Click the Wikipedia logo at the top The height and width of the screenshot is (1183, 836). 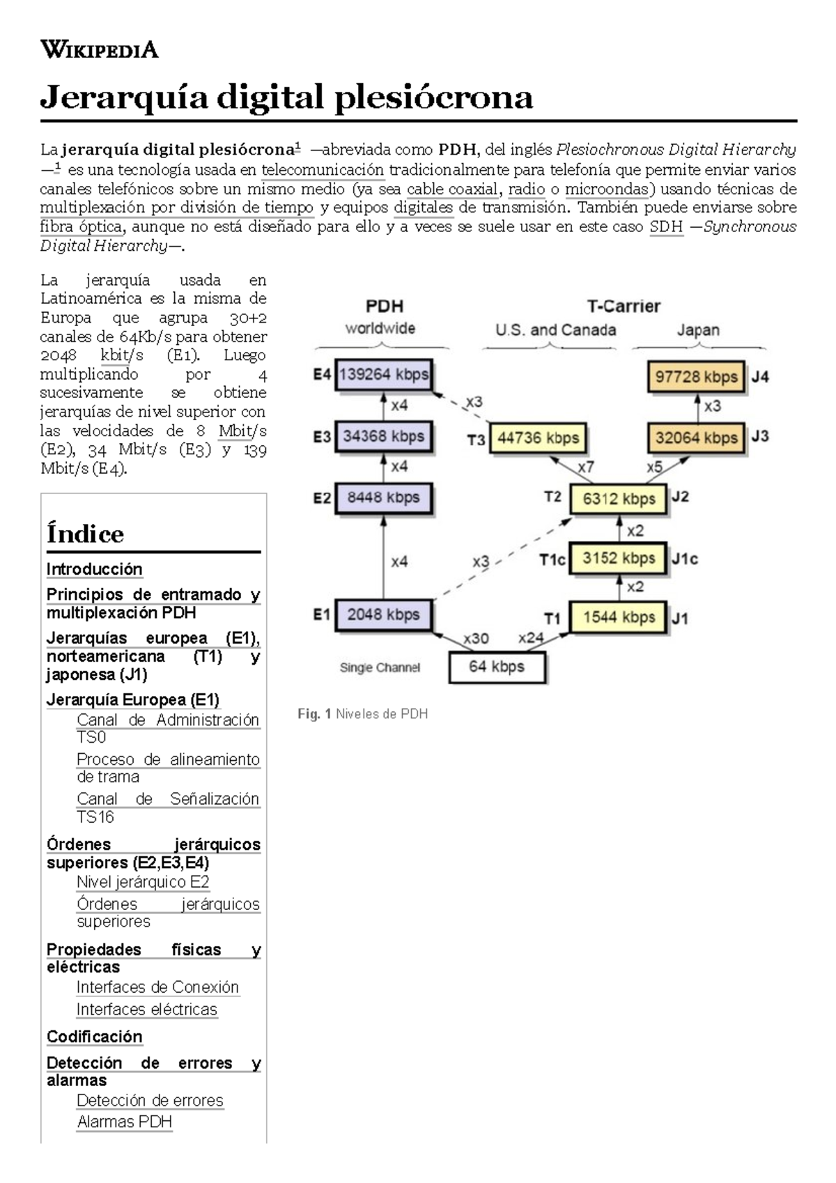pyautogui.click(x=100, y=49)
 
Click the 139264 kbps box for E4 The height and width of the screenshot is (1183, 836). pyautogui.click(x=383, y=375)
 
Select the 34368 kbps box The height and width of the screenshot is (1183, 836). pyautogui.click(x=383, y=436)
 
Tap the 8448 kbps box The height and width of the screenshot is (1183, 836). pyautogui.click(x=383, y=497)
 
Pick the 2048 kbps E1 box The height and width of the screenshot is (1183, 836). pyautogui.click(x=383, y=614)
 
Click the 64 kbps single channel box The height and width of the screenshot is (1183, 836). pyautogui.click(x=496, y=667)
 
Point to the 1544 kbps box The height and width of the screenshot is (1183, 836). pyautogui.click(x=619, y=617)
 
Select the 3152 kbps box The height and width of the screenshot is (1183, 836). pyautogui.click(x=619, y=558)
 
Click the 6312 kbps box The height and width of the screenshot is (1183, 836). pyautogui.click(x=619, y=499)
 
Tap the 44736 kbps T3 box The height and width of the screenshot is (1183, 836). pyautogui.click(x=538, y=438)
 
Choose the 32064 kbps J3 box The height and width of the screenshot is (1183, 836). pyautogui.click(x=696, y=438)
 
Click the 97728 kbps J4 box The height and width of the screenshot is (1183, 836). pyautogui.click(x=696, y=377)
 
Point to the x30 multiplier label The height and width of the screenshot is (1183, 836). pyautogui.click(x=477, y=638)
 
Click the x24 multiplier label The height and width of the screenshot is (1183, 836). pyautogui.click(x=531, y=637)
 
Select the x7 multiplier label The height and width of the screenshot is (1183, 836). pyautogui.click(x=586, y=467)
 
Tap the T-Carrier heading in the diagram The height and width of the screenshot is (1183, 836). pyautogui.click(x=624, y=306)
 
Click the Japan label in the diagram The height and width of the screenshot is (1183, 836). pyautogui.click(x=698, y=330)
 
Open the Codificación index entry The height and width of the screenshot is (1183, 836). pyautogui.click(x=95, y=1037)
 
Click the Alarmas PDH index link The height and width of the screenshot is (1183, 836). pyautogui.click(x=124, y=1122)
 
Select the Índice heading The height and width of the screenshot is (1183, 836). pyautogui.click(x=85, y=534)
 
